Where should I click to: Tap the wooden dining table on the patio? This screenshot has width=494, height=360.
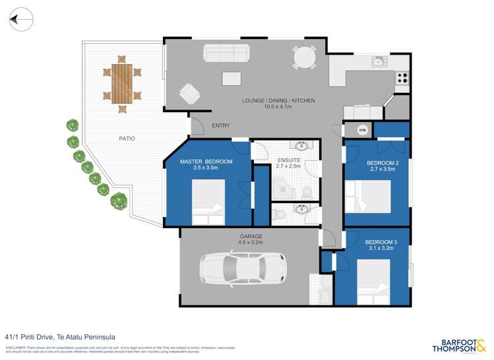point(121,83)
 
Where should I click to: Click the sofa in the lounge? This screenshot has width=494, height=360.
point(226,53)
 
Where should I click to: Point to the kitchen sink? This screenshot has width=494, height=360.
point(380,62)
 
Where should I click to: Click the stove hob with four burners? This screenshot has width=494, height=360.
point(402,77)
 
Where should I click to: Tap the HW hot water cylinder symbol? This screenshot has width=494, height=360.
point(362,130)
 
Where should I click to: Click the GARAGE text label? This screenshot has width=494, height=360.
point(251,236)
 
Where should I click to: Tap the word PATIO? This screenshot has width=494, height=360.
point(127,138)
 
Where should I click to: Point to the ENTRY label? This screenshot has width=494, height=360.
point(220,125)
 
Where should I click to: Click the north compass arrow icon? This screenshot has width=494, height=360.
point(22,20)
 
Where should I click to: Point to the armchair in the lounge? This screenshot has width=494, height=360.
point(191,94)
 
